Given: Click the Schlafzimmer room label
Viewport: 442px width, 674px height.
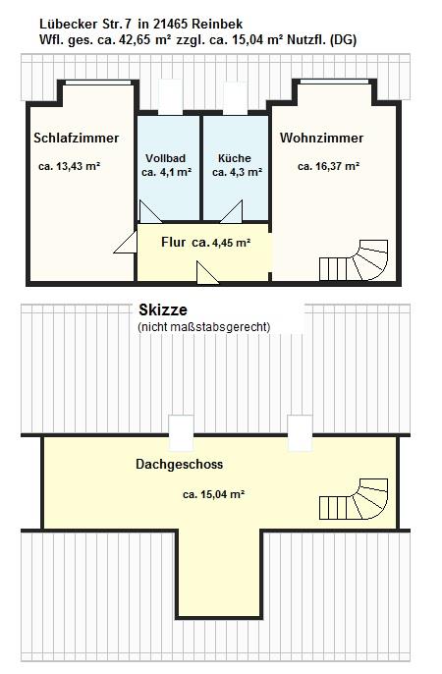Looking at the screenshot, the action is coord(76,138).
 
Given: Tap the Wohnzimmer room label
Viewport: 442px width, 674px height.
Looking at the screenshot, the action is coord(321,138).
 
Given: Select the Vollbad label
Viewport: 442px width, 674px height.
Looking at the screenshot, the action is coord(165,158).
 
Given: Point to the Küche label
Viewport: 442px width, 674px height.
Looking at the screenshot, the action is coord(235,158).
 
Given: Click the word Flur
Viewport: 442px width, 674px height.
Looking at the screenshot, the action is coord(174,242).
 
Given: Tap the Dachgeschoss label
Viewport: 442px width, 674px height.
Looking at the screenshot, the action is coord(179,464).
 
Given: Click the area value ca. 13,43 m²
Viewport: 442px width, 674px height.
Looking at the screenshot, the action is coord(69,166).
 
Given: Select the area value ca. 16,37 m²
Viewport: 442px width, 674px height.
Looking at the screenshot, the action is coord(329,166).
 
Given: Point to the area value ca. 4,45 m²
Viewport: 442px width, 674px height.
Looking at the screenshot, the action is coord(221,243).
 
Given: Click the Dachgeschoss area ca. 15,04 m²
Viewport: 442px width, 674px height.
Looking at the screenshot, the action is coord(213,494).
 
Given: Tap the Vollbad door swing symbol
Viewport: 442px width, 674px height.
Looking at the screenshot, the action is coord(150,212).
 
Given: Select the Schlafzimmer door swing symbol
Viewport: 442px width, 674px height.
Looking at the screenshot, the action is coord(126,243).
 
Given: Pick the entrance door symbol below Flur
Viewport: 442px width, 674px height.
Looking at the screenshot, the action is coord(207,272).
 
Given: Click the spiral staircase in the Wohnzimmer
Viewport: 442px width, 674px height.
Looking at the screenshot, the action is coord(354,260).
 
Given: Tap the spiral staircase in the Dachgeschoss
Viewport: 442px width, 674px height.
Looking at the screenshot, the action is coord(354,499).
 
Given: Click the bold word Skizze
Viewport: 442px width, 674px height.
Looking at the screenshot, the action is coord(163,309).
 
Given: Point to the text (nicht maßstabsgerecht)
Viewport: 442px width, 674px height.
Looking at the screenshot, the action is coord(204,327).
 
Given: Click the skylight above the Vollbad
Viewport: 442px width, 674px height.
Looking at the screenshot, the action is coord(170,96).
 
